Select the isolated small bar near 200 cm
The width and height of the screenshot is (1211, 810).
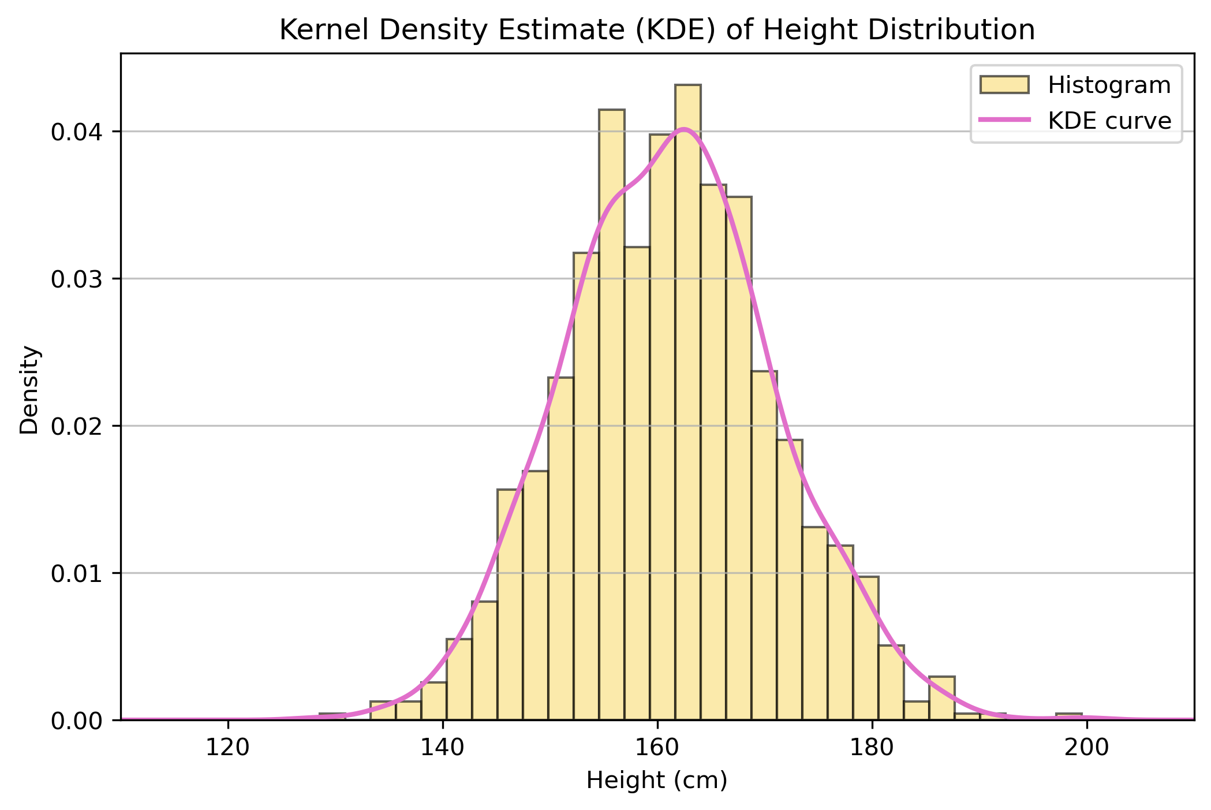(1068, 716)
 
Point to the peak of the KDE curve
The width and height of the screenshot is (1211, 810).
(683, 129)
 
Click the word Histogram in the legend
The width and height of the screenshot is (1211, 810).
(1109, 85)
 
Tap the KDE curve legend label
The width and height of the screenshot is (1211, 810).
(1109, 121)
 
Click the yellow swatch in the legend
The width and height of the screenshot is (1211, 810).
(1004, 85)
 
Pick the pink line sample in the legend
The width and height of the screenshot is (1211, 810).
(1004, 120)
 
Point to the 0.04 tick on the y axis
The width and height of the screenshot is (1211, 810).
(77, 132)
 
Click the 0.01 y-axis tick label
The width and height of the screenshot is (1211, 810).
(77, 574)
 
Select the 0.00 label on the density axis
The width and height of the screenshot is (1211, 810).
(77, 721)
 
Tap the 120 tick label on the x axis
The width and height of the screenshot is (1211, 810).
(228, 748)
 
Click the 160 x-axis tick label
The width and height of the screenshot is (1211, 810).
(657, 748)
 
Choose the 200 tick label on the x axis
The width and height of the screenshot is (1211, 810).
(1086, 748)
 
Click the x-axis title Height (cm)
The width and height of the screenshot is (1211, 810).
(657, 781)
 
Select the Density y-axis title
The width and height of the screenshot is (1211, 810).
(29, 390)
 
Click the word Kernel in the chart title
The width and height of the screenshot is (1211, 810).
(323, 30)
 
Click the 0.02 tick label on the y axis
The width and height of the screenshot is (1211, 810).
(77, 427)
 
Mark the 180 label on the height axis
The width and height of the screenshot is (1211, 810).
(872, 748)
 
